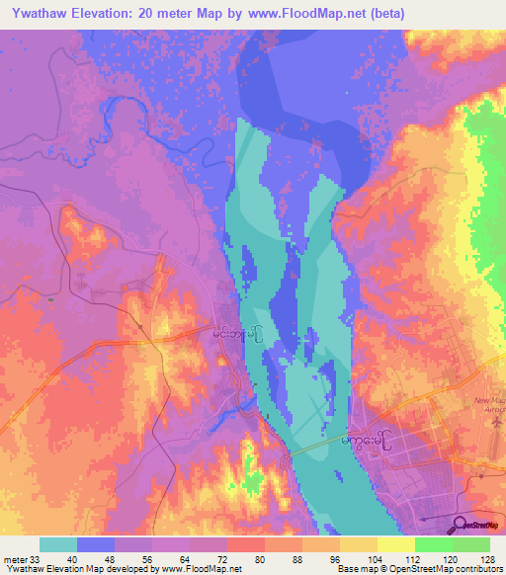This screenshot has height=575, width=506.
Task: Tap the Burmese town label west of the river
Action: coord(237,335)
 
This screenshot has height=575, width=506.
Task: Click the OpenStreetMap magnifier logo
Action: coord(460,525)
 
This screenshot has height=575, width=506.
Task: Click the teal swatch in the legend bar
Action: coord(57,544)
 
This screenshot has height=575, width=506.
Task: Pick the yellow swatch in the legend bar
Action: coord(395,544)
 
